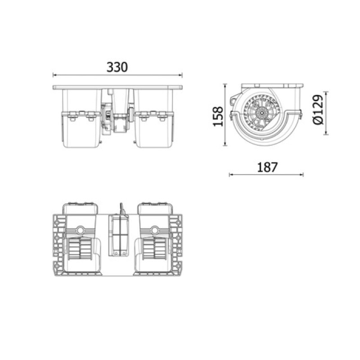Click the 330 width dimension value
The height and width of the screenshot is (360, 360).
[x=117, y=67]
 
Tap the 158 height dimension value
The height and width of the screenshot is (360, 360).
[x=218, y=117]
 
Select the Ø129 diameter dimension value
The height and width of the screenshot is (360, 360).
[x=318, y=110]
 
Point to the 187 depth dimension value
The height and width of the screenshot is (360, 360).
[x=267, y=167]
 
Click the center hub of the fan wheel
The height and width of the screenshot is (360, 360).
[x=261, y=113]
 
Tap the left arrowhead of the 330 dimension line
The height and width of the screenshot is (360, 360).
[x=54, y=75]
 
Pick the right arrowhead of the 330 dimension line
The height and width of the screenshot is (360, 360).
[x=181, y=75]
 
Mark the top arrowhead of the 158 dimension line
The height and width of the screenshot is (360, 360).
[x=225, y=85]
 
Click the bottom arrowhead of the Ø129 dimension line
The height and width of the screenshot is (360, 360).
[x=325, y=133]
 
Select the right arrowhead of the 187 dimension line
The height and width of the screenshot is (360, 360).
[x=301, y=175]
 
